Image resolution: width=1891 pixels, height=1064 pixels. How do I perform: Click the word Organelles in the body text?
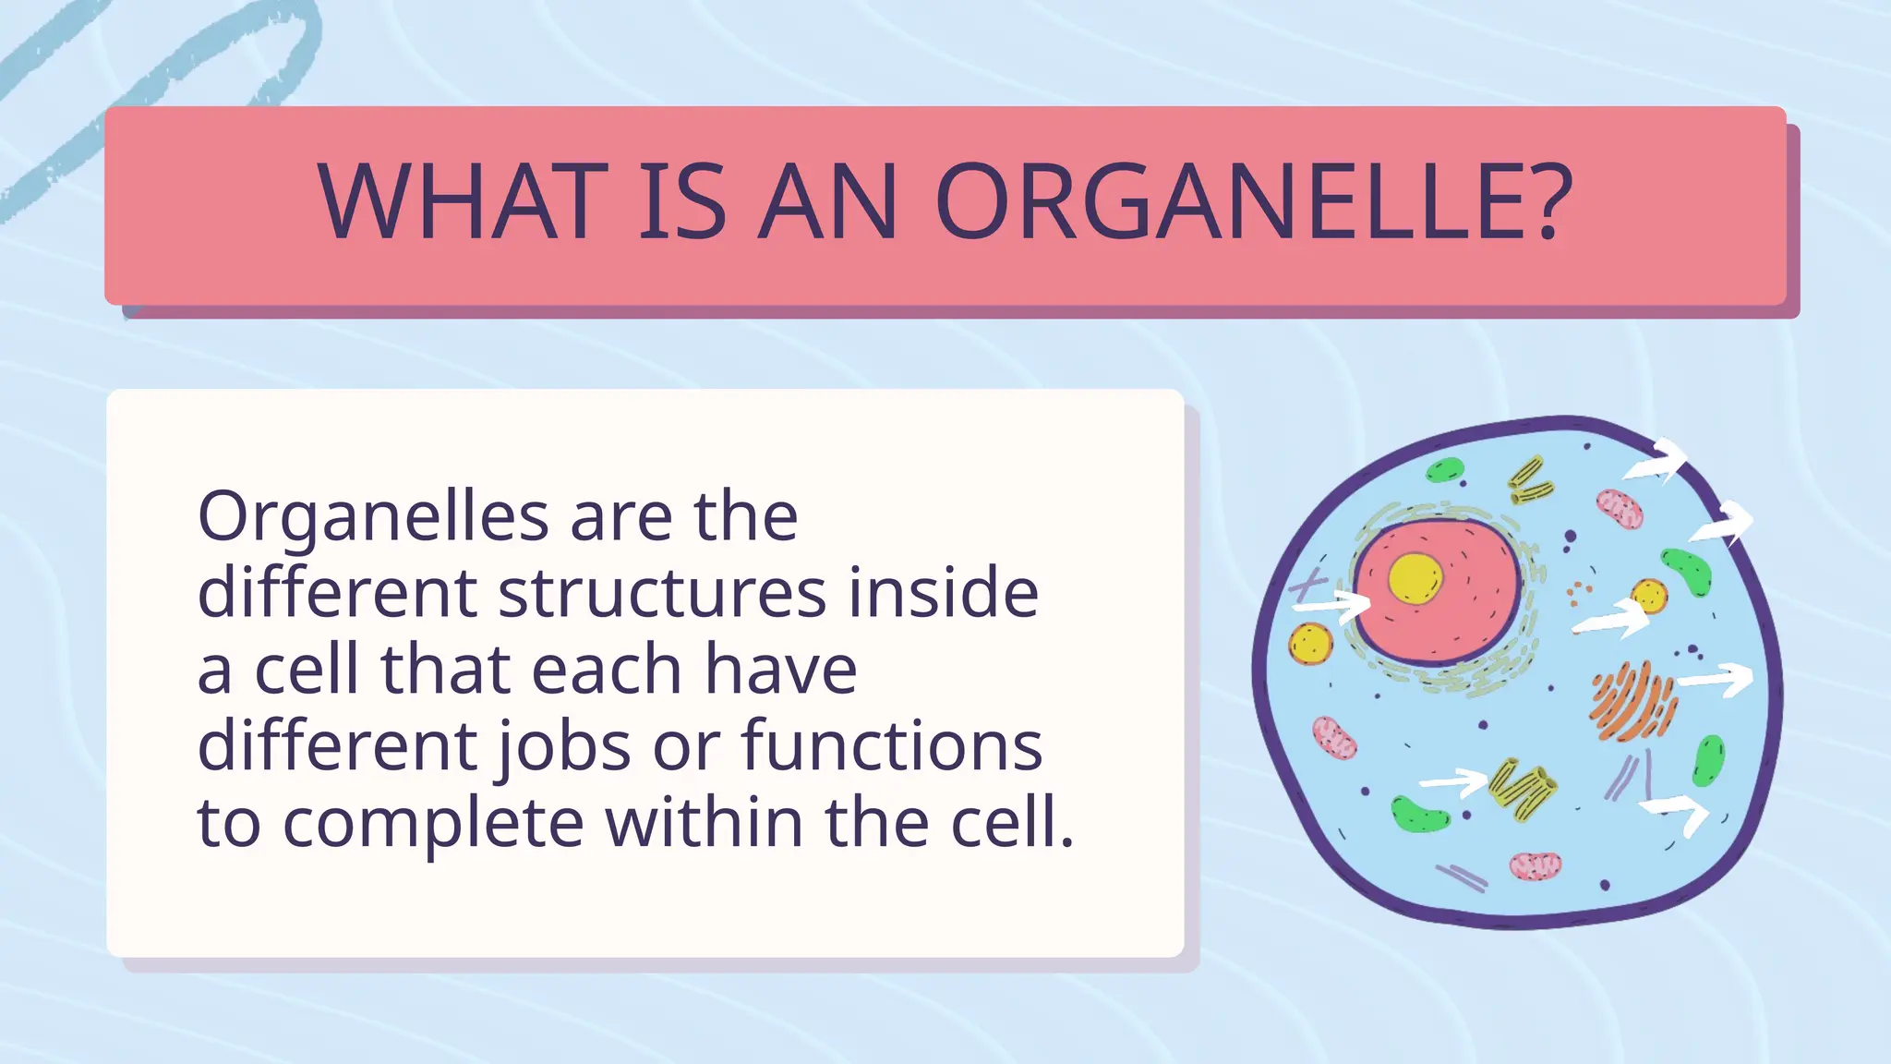tap(373, 517)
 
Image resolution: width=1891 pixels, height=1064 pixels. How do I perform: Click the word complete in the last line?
tap(433, 822)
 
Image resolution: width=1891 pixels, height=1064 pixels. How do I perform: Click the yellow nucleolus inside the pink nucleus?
tap(1415, 578)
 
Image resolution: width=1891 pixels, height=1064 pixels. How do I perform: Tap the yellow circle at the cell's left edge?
tap(1310, 643)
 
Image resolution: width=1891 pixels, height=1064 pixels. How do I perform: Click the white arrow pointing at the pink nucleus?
tap(1331, 607)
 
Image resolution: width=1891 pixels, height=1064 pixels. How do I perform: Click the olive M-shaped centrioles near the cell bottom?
tap(1523, 788)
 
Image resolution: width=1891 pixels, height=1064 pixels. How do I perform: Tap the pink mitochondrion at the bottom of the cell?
tap(1536, 865)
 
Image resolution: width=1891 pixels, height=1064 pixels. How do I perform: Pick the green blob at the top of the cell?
tap(1444, 471)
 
